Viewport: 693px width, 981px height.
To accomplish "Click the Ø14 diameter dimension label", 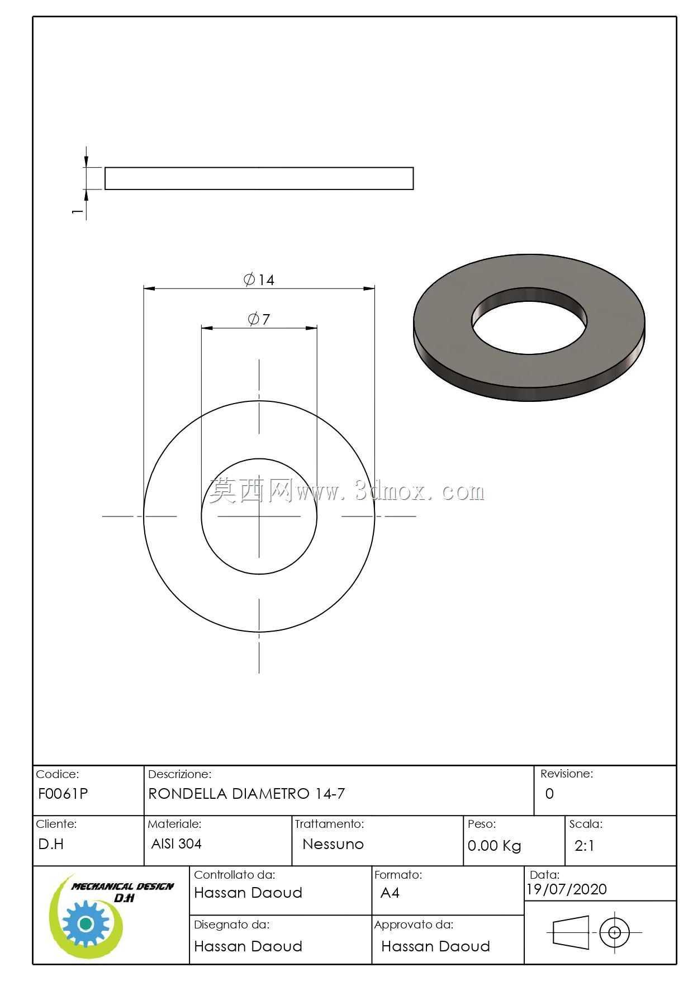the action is [259, 279].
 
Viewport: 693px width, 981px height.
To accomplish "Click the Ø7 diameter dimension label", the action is [259, 319].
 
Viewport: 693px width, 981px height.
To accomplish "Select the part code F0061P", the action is [63, 794].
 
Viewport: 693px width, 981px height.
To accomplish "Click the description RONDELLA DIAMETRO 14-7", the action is [246, 794].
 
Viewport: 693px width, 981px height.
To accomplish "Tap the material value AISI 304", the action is [176, 843].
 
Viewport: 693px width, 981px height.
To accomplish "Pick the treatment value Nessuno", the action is [333, 844].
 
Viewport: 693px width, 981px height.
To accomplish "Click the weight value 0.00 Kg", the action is [494, 846].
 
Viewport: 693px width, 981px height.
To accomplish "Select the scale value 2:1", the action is [584, 846].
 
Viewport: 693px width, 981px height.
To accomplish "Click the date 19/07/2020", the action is [567, 889].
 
